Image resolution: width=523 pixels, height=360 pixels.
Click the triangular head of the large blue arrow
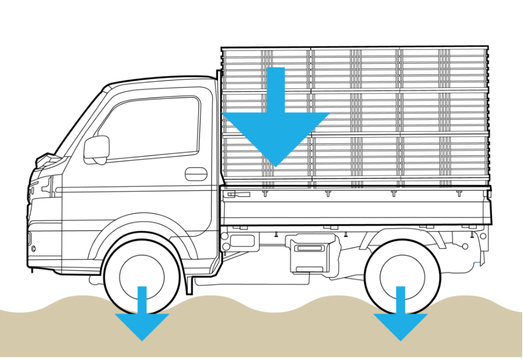tap(276, 135)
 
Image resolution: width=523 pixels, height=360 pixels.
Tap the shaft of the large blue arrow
tap(276, 90)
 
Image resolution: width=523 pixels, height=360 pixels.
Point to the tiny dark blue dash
tap(477, 262)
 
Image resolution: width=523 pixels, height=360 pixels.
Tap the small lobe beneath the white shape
tap(100, 161)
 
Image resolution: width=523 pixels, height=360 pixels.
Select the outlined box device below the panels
tap(310, 252)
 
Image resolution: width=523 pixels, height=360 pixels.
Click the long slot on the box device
tap(308, 248)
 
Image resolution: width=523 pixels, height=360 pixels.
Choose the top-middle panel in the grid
tap(356, 69)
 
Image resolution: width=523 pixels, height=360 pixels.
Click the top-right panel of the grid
tap(444, 69)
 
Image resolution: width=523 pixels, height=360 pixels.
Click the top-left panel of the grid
tap(243, 69)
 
